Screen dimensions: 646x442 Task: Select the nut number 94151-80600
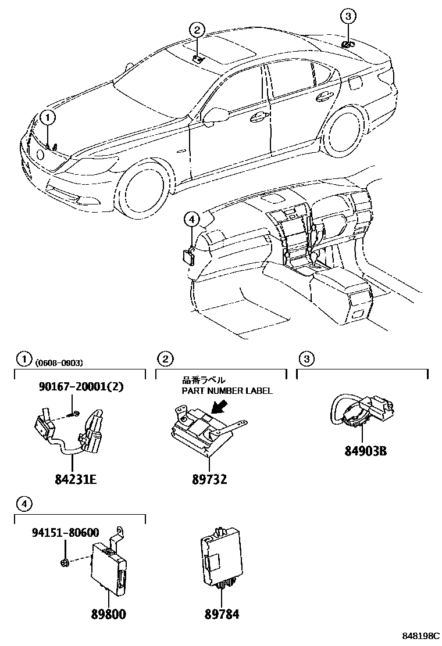65,532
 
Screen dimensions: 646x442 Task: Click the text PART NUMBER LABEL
227,390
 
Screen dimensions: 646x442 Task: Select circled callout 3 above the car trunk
347,16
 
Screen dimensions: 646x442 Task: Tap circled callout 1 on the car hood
48,118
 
